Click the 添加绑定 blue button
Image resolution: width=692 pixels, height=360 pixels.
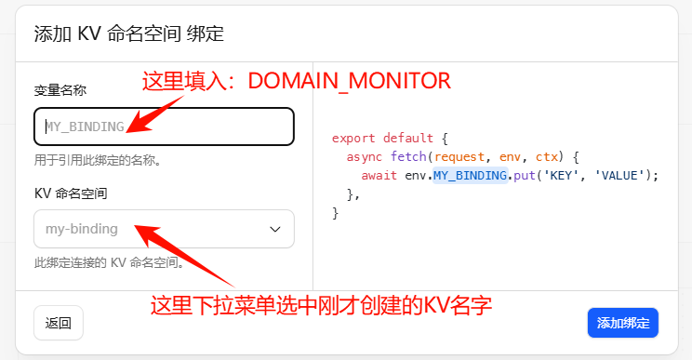[623, 323]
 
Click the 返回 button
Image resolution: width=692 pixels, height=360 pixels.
[59, 323]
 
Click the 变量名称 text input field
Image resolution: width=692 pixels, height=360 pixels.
[164, 127]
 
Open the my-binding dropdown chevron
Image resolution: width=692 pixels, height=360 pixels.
[275, 229]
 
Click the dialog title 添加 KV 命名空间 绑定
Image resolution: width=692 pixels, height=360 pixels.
[129, 33]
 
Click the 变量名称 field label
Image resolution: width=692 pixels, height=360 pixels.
[60, 90]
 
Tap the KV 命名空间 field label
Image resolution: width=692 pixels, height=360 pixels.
[71, 193]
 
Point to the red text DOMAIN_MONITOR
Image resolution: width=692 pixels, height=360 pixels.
[349, 81]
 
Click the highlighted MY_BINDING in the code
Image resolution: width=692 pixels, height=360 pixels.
[470, 176]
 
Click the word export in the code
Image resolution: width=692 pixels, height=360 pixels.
[353, 138]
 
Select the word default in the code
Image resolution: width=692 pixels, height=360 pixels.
[408, 138]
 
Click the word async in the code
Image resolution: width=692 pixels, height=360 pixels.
[364, 157]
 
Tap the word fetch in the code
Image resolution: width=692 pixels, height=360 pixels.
[408, 156]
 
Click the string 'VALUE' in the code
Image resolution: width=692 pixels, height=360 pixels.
[619, 176]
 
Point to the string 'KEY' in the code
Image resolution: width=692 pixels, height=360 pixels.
[561, 176]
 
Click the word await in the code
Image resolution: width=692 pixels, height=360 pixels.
[379, 176]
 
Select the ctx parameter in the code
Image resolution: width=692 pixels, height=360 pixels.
[547, 157]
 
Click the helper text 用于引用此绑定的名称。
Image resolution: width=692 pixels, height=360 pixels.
[98, 160]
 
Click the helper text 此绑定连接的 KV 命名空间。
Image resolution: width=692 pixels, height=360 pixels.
[109, 262]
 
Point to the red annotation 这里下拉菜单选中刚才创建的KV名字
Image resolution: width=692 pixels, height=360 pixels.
[321, 305]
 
